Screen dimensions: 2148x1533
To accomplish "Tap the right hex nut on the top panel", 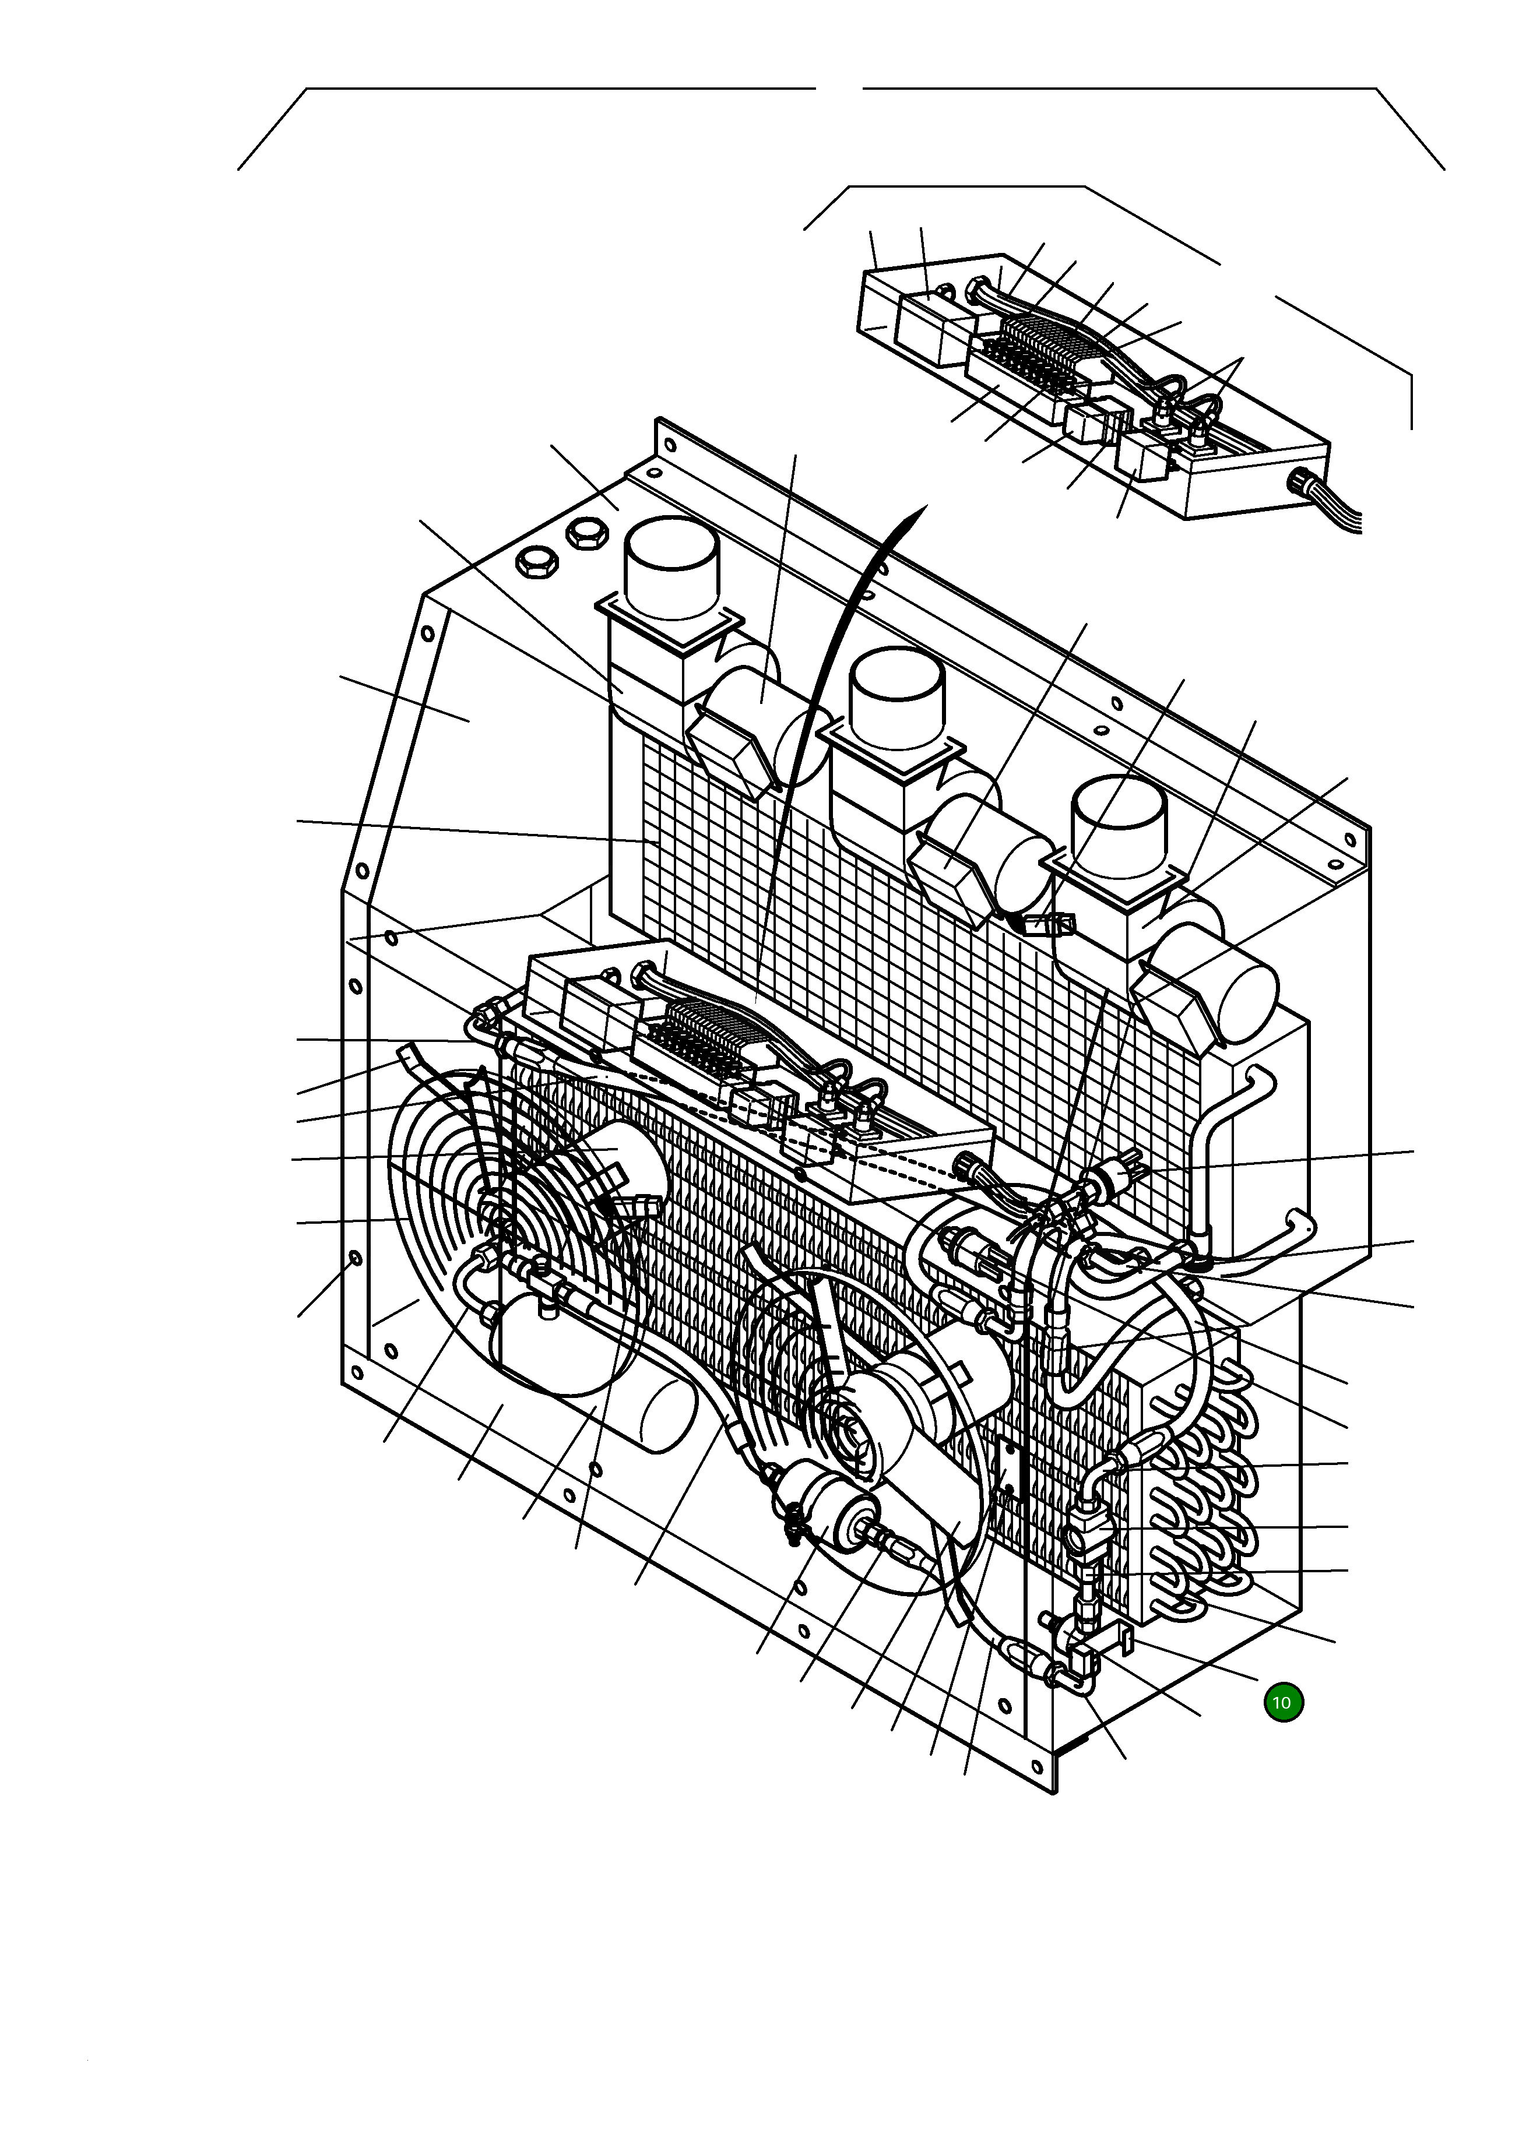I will click(587, 535).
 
